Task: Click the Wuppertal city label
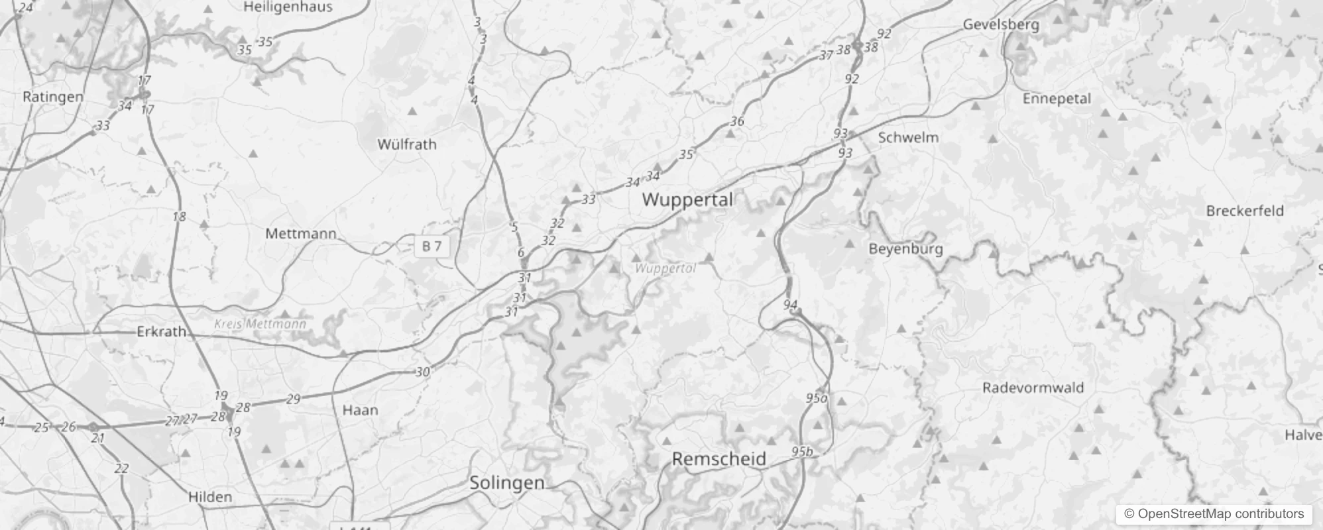[x=687, y=199]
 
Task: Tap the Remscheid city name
[x=719, y=458]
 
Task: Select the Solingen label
[x=506, y=483]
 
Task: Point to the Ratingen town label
[x=53, y=97]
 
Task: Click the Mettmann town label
[x=300, y=233]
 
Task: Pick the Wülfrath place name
[x=407, y=144]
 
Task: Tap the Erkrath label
[x=161, y=331]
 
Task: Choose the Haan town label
[x=360, y=410]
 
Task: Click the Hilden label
[x=210, y=497]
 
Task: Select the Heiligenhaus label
[x=288, y=7]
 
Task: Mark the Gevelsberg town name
[x=1001, y=25]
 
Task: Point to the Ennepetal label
[x=1057, y=99]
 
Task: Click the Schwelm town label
[x=908, y=138]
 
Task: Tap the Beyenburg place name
[x=905, y=249]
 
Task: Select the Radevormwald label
[x=1033, y=388]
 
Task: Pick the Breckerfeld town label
[x=1245, y=211]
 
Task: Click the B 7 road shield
[x=431, y=246]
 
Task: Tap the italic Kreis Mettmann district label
[x=260, y=324]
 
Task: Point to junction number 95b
[x=801, y=452]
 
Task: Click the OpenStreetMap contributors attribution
[x=1214, y=513]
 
